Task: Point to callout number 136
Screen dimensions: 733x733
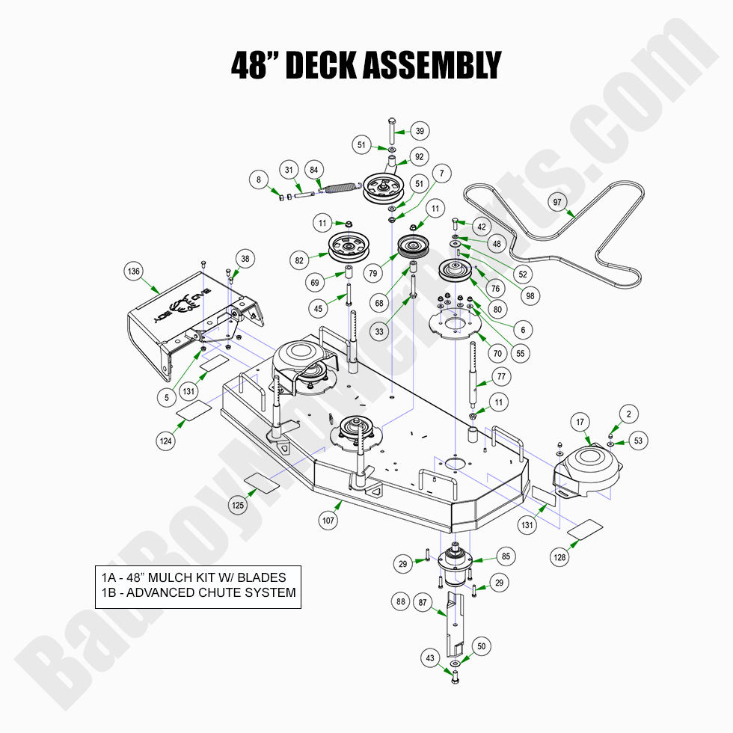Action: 134,272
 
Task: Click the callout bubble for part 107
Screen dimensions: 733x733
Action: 328,520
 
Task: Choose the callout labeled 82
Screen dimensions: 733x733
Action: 301,260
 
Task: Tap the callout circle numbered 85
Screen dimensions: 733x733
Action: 506,556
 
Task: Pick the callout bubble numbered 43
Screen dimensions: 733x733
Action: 430,658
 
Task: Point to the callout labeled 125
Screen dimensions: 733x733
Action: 238,506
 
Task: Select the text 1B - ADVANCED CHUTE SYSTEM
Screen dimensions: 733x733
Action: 198,593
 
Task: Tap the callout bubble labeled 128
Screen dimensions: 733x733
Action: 559,556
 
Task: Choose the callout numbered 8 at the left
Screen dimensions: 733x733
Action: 259,180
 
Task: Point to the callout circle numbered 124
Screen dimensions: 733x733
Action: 166,441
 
